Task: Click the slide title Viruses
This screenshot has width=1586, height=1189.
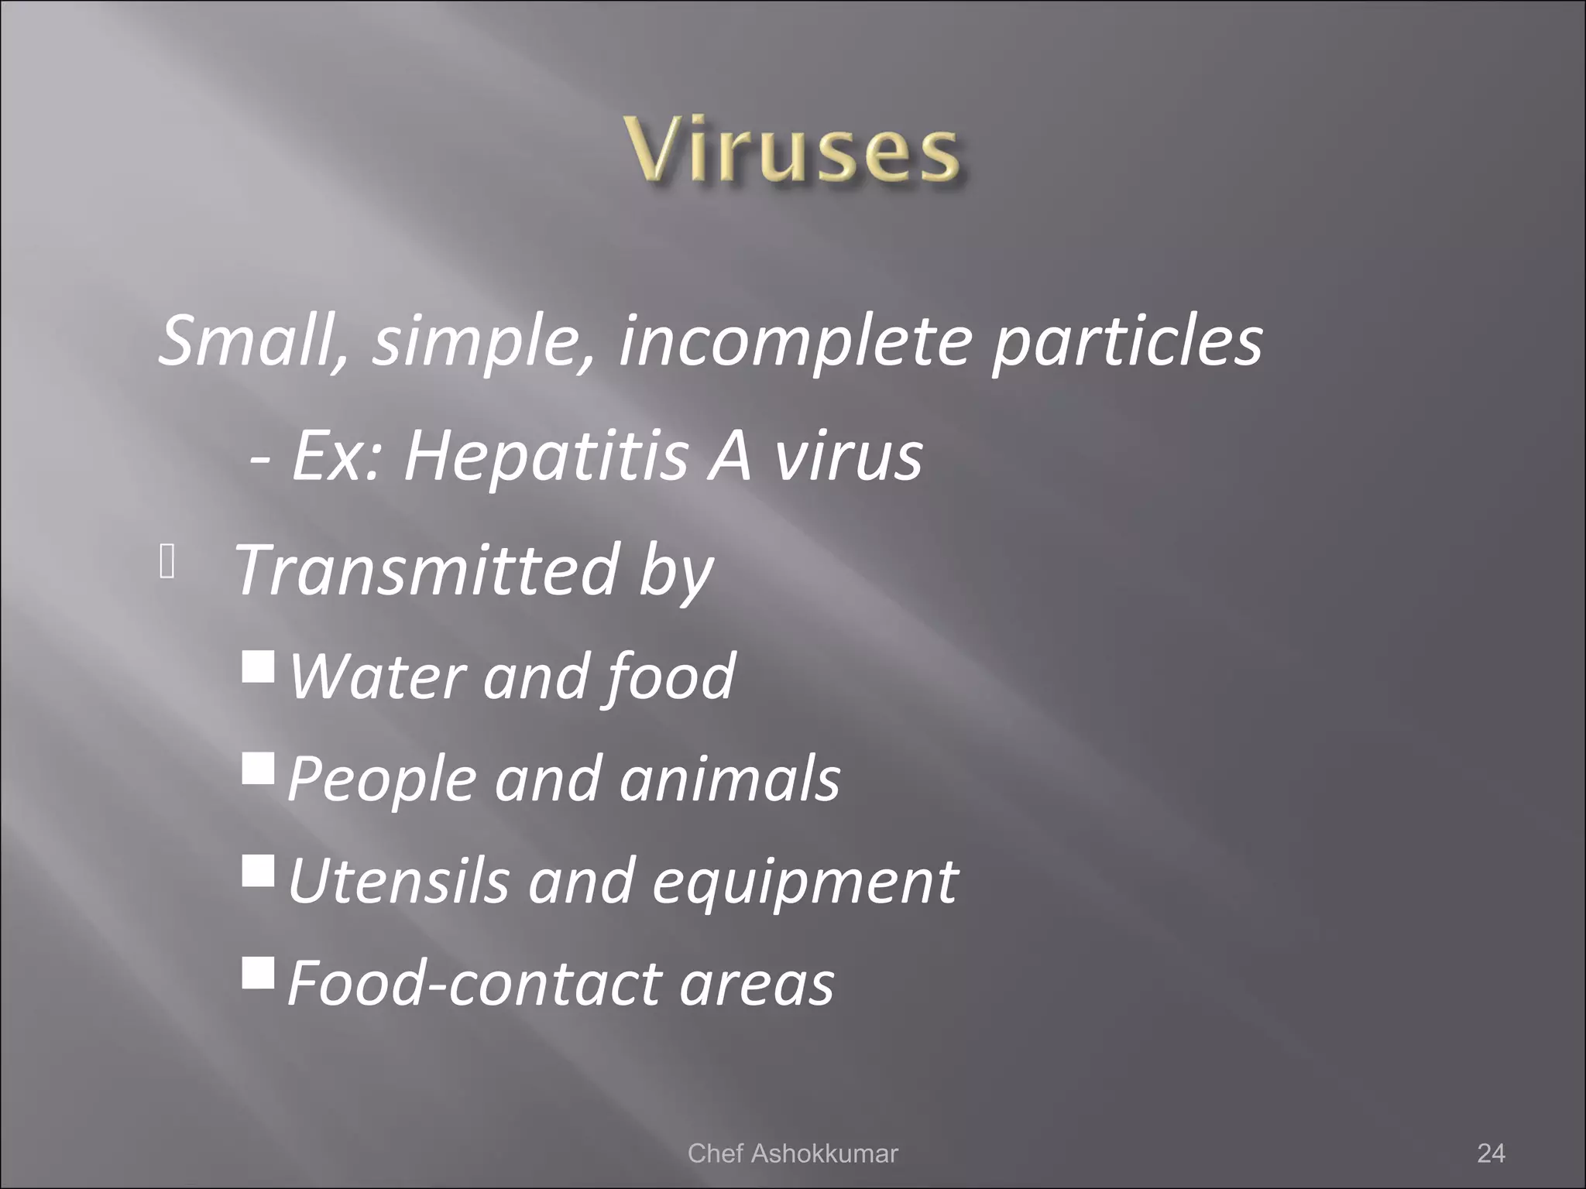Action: click(x=794, y=151)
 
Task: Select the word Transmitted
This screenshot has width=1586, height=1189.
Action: click(x=426, y=570)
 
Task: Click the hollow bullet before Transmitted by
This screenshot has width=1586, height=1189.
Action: click(x=167, y=563)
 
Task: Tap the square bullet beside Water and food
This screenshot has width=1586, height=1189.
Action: click(x=258, y=666)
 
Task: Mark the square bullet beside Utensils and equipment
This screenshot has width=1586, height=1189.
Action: click(x=258, y=870)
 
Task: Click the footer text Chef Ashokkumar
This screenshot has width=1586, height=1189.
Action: click(x=792, y=1153)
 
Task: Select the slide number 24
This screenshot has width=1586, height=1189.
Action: click(x=1491, y=1153)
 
